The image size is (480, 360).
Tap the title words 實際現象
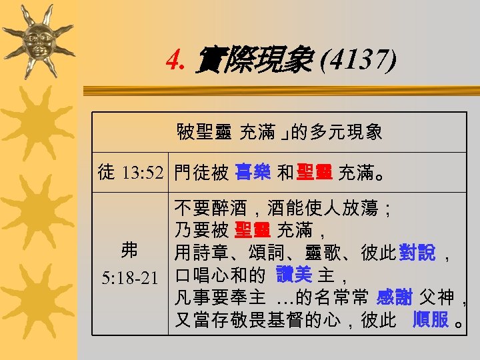(x=254, y=61)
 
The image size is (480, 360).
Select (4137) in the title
(x=359, y=61)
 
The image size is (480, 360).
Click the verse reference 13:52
(x=143, y=173)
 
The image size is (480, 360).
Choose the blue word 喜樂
(x=253, y=173)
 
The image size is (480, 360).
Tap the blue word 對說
(x=417, y=253)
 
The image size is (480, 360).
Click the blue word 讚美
(x=294, y=275)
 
